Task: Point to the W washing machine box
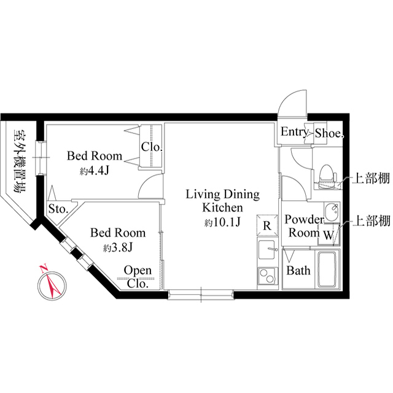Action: pyautogui.click(x=329, y=233)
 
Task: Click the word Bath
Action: pyautogui.click(x=299, y=271)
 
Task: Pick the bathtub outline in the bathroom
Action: pyautogui.click(x=327, y=269)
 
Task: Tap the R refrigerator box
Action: pyautogui.click(x=267, y=225)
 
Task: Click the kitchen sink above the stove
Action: pyautogui.click(x=267, y=250)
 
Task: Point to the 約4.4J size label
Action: pyautogui.click(x=94, y=171)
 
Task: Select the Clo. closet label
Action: pyautogui.click(x=151, y=147)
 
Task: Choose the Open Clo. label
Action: pyautogui.click(x=138, y=276)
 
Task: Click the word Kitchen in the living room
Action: pyautogui.click(x=223, y=208)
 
